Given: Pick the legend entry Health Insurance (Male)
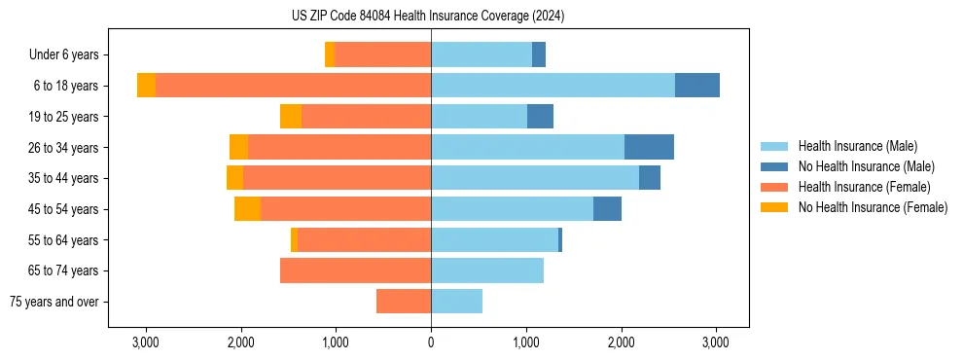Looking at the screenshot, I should (857, 146).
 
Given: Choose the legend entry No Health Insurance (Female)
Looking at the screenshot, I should (873, 207).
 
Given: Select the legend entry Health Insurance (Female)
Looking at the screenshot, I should (864, 187).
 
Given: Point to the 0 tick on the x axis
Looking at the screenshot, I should (431, 342).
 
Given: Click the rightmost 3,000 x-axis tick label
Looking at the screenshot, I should (716, 342).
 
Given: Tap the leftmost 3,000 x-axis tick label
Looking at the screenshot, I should (146, 342).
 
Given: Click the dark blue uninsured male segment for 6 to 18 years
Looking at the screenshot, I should (697, 86).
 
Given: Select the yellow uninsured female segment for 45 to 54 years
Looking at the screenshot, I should (247, 209).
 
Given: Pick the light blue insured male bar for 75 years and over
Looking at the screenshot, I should (456, 302).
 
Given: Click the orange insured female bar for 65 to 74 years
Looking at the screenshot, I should (355, 270).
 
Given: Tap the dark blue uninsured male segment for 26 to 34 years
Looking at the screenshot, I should (649, 147).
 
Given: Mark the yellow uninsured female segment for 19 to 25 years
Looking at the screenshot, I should (291, 117).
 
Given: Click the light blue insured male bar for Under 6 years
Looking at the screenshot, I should (481, 55).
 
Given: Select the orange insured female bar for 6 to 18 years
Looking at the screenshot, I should (293, 86).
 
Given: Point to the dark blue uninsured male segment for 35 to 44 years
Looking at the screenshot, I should (650, 178).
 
